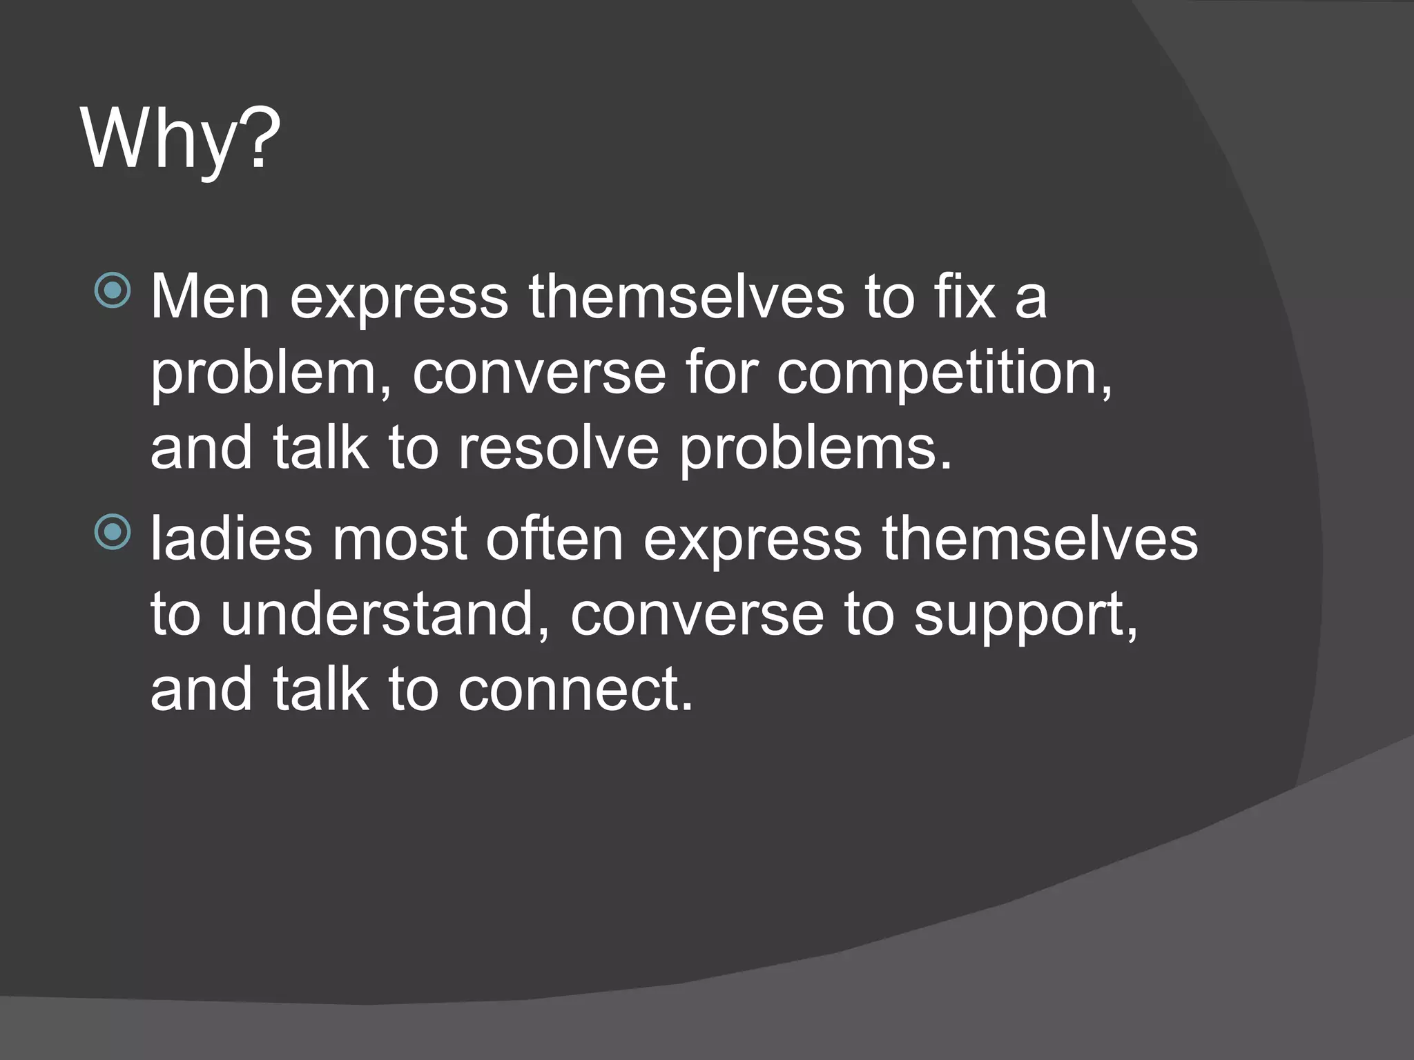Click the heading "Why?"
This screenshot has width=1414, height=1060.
181,139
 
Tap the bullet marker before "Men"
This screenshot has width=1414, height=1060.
112,290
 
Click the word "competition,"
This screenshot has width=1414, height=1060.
945,375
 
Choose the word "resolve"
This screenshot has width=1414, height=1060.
559,449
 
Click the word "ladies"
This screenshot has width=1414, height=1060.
231,539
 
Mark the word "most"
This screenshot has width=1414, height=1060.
400,539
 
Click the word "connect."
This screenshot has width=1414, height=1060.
575,690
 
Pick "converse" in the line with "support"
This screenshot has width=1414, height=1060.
697,616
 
